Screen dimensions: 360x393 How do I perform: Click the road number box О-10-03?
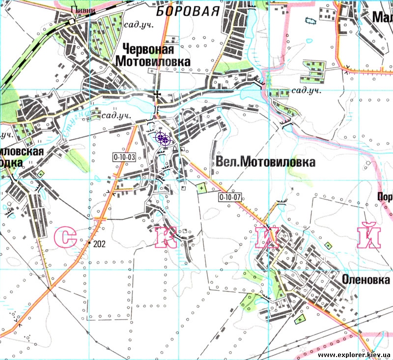[x=124, y=157]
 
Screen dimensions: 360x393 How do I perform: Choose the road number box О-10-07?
[x=230, y=197]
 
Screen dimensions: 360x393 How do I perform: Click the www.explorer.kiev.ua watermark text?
[x=354, y=355]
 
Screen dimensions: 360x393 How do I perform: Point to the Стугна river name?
[x=72, y=122]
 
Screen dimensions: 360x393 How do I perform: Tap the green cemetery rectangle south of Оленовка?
[x=299, y=320]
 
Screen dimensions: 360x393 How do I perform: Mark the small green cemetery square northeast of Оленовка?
[x=329, y=244]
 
